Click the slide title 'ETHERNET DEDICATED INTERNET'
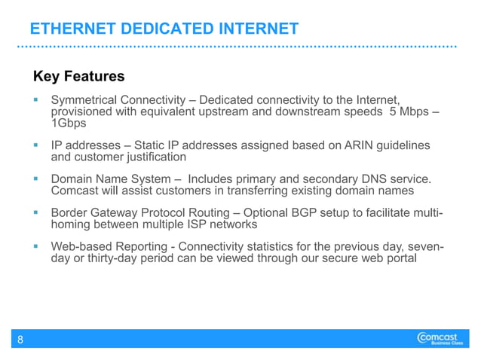pyautogui.click(x=164, y=29)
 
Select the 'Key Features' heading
pyautogui.click(x=78, y=77)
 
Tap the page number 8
pyautogui.click(x=20, y=340)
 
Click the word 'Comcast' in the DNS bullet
pyautogui.click(x=75, y=191)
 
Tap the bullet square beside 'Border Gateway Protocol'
pyautogui.click(x=36, y=212)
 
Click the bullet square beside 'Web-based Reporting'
pyautogui.click(x=36, y=246)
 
